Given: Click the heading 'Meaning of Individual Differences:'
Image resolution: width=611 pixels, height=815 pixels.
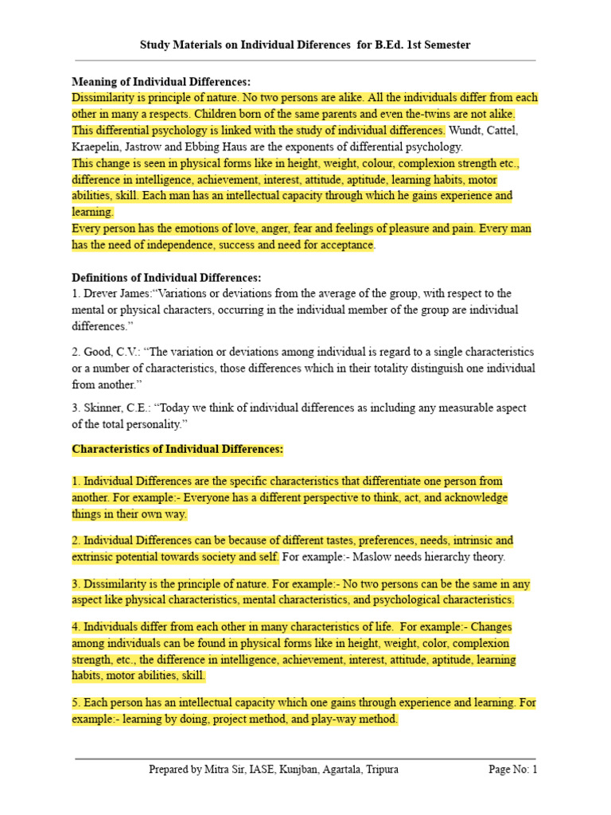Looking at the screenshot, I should (x=162, y=82).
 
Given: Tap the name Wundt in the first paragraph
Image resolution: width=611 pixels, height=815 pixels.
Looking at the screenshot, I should (x=465, y=131).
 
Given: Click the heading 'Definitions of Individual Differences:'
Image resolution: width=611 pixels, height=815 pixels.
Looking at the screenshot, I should (x=166, y=278).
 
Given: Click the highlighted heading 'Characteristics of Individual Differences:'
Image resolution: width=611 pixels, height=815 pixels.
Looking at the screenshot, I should (x=177, y=449).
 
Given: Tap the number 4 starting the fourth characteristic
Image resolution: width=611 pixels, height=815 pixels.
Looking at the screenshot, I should (x=75, y=626).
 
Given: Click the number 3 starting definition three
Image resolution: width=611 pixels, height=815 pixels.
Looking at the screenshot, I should (x=75, y=408).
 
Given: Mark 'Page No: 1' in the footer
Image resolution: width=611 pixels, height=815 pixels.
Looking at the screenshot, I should (x=513, y=770).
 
